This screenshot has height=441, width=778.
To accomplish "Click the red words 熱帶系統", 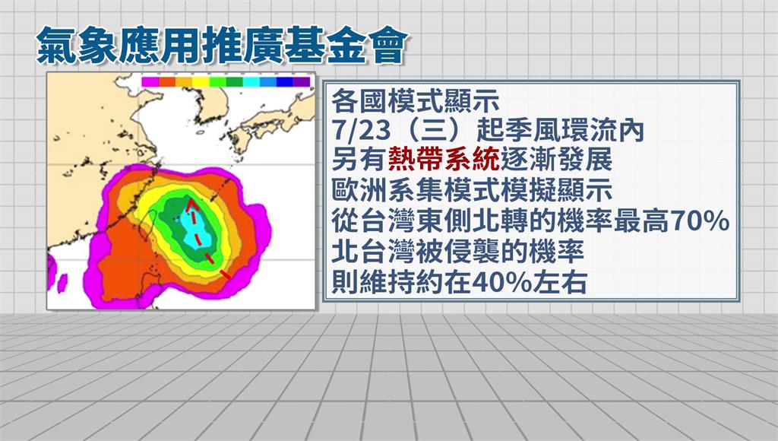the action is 444,160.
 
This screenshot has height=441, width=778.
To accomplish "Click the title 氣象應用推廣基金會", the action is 223,46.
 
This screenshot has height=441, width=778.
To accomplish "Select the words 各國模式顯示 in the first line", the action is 416,101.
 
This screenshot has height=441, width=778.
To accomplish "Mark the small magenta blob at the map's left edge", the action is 62,283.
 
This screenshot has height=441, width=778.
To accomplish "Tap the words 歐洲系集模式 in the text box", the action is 416,191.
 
